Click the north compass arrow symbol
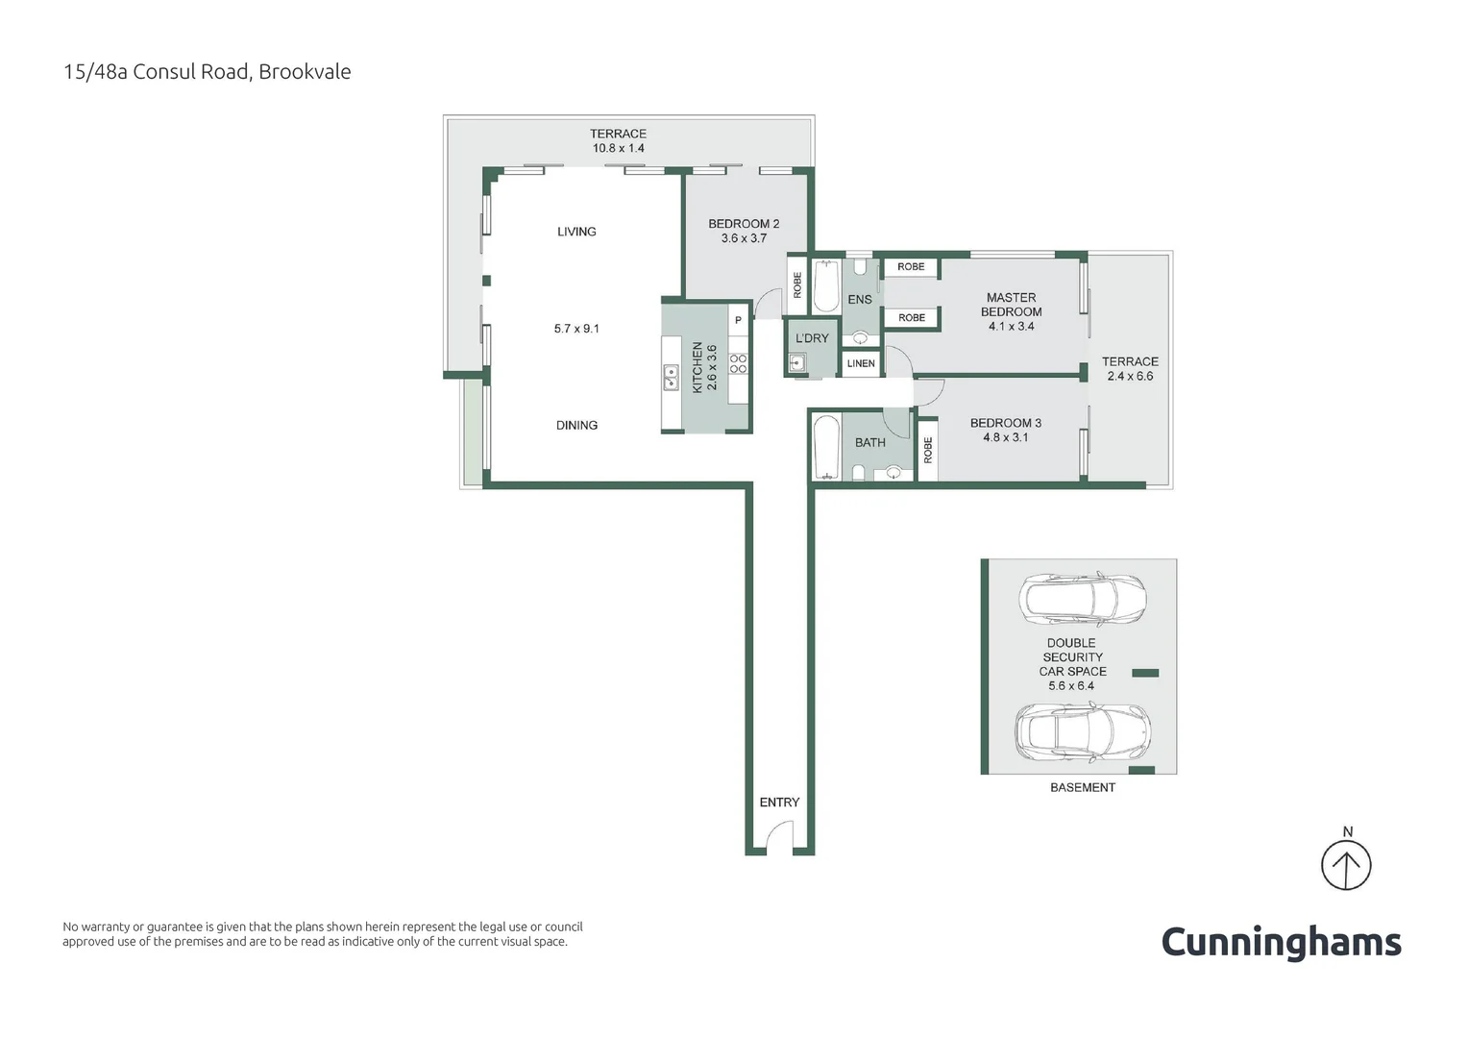(x=1345, y=865)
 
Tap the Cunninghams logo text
(x=1281, y=942)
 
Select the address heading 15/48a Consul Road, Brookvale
(x=207, y=72)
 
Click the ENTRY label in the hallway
(x=779, y=803)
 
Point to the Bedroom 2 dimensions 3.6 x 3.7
(x=744, y=238)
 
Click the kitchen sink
(x=671, y=378)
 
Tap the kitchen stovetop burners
(x=739, y=363)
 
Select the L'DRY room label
(x=812, y=338)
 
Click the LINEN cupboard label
(x=861, y=363)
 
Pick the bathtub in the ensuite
(x=826, y=286)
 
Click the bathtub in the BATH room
(x=826, y=447)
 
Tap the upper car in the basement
(x=1082, y=599)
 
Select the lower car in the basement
(x=1082, y=731)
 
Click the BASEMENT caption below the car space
(x=1083, y=787)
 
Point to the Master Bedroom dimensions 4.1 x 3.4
(x=1011, y=326)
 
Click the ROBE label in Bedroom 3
(x=928, y=450)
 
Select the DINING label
(x=576, y=425)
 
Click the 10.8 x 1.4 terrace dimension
(x=618, y=148)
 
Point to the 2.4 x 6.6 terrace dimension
(x=1130, y=376)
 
